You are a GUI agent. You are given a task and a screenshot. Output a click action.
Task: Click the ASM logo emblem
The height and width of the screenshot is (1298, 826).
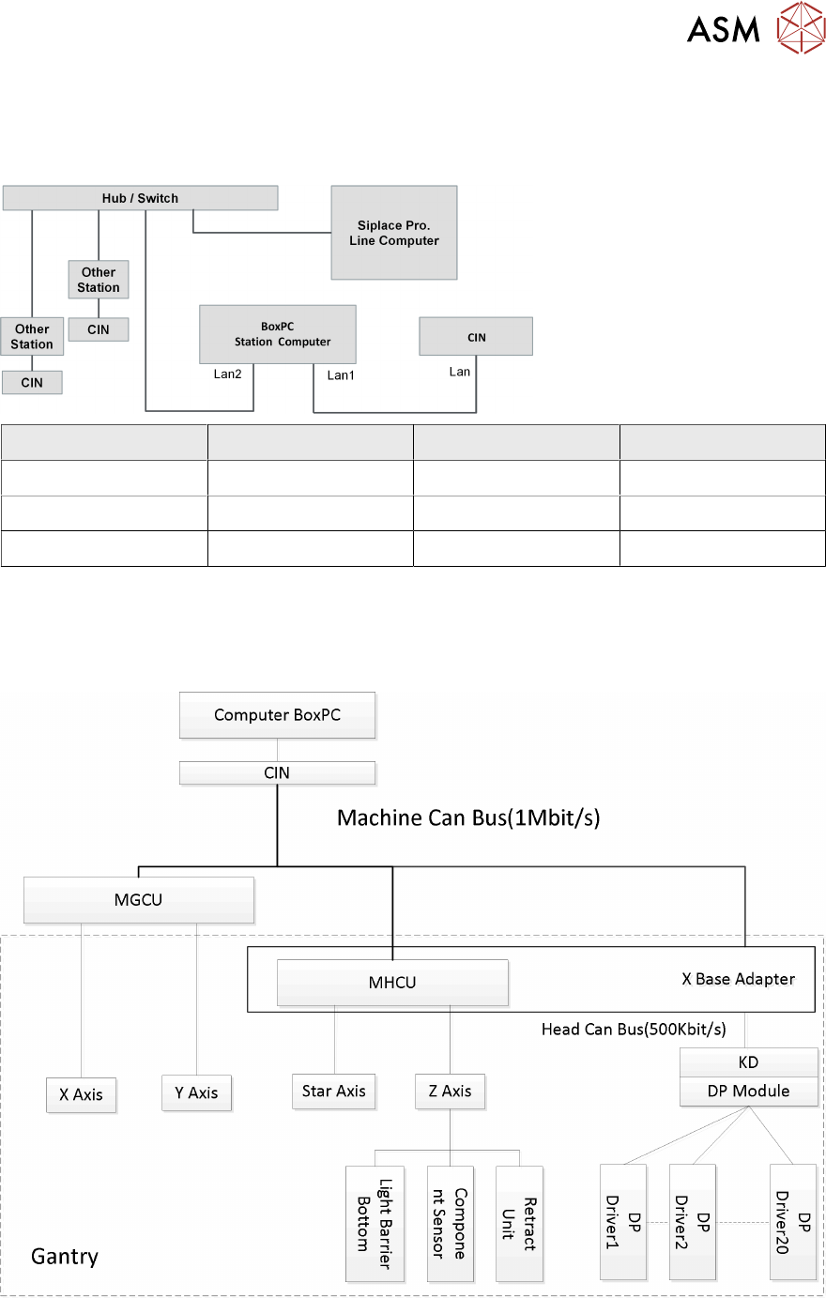click(x=800, y=28)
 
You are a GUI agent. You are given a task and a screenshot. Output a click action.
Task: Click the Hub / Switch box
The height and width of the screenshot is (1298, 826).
click(x=140, y=198)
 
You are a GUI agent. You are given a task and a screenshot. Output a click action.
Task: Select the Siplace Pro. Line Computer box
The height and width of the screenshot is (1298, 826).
click(x=394, y=233)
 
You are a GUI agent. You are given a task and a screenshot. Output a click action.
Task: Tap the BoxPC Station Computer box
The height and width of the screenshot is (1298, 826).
click(x=278, y=334)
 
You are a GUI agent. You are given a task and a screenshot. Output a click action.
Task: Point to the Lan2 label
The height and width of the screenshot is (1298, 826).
click(x=227, y=374)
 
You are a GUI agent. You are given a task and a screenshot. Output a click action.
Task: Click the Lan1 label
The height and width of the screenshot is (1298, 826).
click(x=341, y=375)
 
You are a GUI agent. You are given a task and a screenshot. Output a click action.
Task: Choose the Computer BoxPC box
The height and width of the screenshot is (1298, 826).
click(x=277, y=715)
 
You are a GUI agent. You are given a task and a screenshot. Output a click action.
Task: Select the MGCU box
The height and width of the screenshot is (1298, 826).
click(x=139, y=900)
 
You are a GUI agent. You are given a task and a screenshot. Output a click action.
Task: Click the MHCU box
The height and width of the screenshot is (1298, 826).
click(x=392, y=983)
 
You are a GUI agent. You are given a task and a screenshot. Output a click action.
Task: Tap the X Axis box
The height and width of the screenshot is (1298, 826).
click(x=82, y=1094)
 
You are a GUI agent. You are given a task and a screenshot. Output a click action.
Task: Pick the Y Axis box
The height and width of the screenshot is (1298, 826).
click(x=196, y=1092)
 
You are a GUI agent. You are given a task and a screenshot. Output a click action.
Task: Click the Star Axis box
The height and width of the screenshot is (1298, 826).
click(x=334, y=1092)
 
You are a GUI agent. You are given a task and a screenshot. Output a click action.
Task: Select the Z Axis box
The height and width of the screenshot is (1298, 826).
click(x=450, y=1092)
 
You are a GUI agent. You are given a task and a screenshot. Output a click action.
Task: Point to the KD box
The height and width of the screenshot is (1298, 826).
click(x=748, y=1062)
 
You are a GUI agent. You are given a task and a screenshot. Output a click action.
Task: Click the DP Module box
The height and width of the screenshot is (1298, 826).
click(x=748, y=1091)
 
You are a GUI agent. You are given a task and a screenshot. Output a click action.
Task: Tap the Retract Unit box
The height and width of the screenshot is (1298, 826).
click(x=519, y=1224)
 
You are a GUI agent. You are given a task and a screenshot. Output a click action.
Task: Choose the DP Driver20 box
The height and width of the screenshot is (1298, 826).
click(x=793, y=1222)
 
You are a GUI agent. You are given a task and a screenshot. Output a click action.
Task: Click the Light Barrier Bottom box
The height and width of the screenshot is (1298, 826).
click(x=375, y=1224)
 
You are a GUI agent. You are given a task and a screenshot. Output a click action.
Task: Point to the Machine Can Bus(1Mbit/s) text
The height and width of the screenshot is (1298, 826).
click(x=468, y=817)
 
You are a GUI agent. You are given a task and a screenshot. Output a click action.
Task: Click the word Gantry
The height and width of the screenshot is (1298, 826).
click(x=65, y=1257)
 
